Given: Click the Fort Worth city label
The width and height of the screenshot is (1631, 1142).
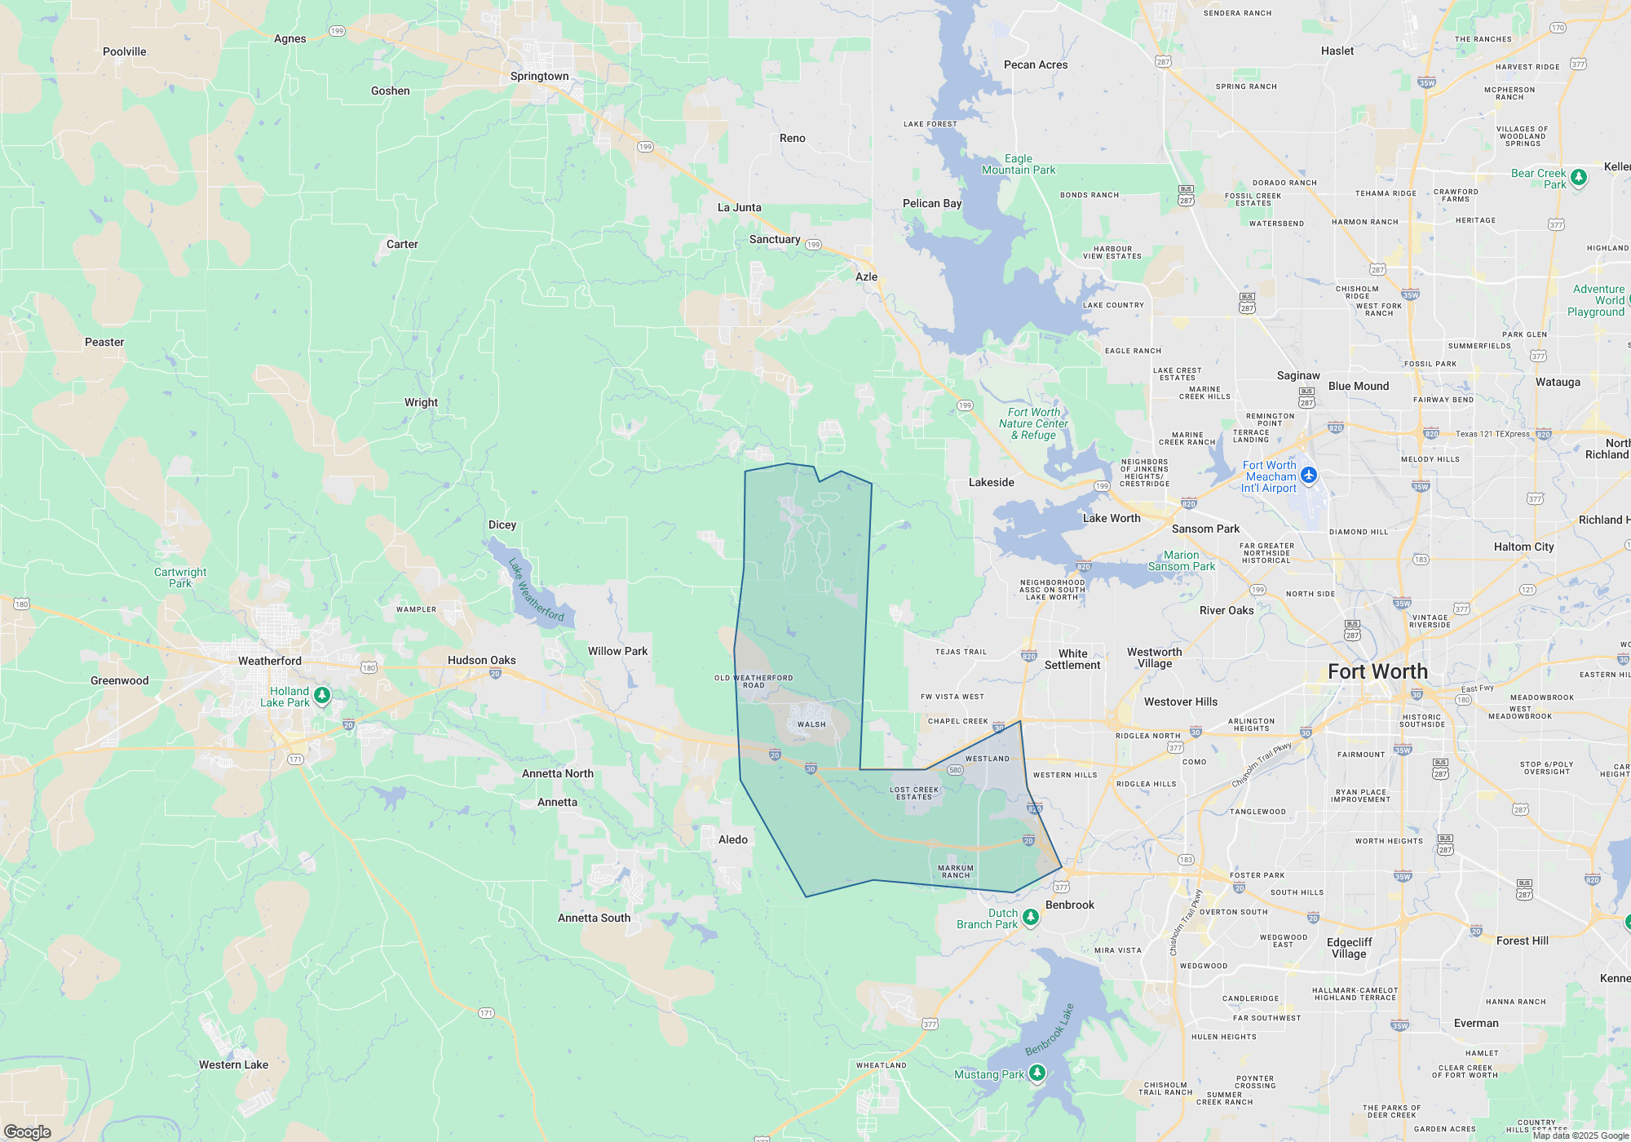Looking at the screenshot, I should [x=1377, y=671].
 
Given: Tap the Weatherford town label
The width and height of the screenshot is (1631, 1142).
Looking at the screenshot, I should [x=269, y=661].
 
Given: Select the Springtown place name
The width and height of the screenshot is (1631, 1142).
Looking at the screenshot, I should [x=539, y=76].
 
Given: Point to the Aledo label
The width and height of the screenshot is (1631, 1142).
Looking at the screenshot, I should [x=732, y=839].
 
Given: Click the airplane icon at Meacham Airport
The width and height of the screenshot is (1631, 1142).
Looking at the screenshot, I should [x=1309, y=475].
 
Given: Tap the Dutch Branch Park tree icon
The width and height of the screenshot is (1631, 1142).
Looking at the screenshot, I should [x=1031, y=918].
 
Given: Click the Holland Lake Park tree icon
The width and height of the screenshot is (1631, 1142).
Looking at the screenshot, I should [x=322, y=695].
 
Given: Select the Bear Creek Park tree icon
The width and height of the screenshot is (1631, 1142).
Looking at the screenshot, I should [x=1579, y=177].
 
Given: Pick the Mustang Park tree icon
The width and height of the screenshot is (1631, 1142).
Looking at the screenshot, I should [x=1037, y=1073].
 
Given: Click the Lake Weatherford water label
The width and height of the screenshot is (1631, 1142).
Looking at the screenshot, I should [x=535, y=590].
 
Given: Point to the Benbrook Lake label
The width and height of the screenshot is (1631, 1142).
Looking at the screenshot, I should [x=1050, y=1029].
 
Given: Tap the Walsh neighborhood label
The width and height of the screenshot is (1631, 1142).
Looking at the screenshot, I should [x=811, y=724].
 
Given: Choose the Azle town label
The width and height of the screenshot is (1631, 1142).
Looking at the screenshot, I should [x=866, y=277].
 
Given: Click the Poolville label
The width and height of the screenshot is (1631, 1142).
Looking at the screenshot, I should [x=124, y=51].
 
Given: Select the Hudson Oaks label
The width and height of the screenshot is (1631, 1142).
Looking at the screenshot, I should [x=481, y=660].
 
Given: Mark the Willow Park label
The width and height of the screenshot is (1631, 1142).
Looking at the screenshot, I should [x=617, y=651].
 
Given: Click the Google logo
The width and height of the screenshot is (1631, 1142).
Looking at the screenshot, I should [x=28, y=1131].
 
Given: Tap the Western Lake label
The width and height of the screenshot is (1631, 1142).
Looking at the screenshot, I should [x=233, y=1065].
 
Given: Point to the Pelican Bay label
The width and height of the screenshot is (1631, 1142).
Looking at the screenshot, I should [x=931, y=203].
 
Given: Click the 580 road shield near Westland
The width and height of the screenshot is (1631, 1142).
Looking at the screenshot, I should [x=955, y=769].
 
